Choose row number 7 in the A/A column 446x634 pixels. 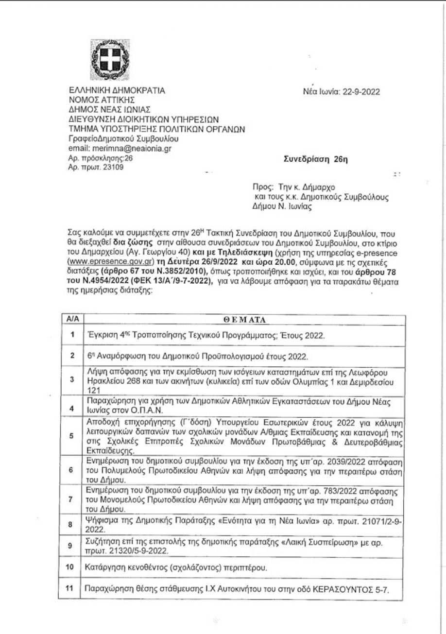pos(72,499)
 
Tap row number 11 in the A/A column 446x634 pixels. pos(72,588)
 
